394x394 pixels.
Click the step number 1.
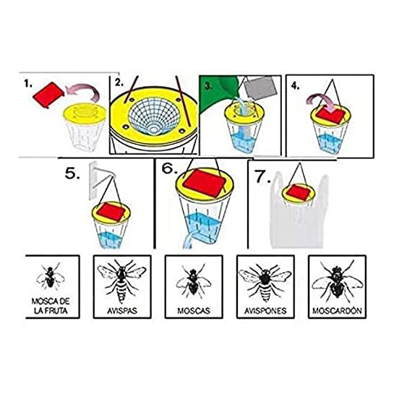tap(28, 83)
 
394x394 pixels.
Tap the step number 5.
tap(72, 173)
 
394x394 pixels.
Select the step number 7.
tap(263, 176)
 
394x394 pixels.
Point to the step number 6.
tap(171, 168)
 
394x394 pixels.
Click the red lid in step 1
tap(48, 95)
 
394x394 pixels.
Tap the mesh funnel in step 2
tap(154, 116)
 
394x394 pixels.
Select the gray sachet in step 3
tap(260, 88)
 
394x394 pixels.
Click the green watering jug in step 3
tap(216, 93)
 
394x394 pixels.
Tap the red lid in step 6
tap(204, 183)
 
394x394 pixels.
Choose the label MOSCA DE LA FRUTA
tap(51, 306)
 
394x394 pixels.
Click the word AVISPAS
tap(122, 311)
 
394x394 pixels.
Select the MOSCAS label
tap(194, 311)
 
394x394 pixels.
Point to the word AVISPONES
tap(265, 311)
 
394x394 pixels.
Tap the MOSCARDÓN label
tap(337, 311)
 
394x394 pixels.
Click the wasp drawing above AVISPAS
tap(122, 281)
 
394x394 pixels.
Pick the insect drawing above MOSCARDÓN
tap(337, 282)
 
